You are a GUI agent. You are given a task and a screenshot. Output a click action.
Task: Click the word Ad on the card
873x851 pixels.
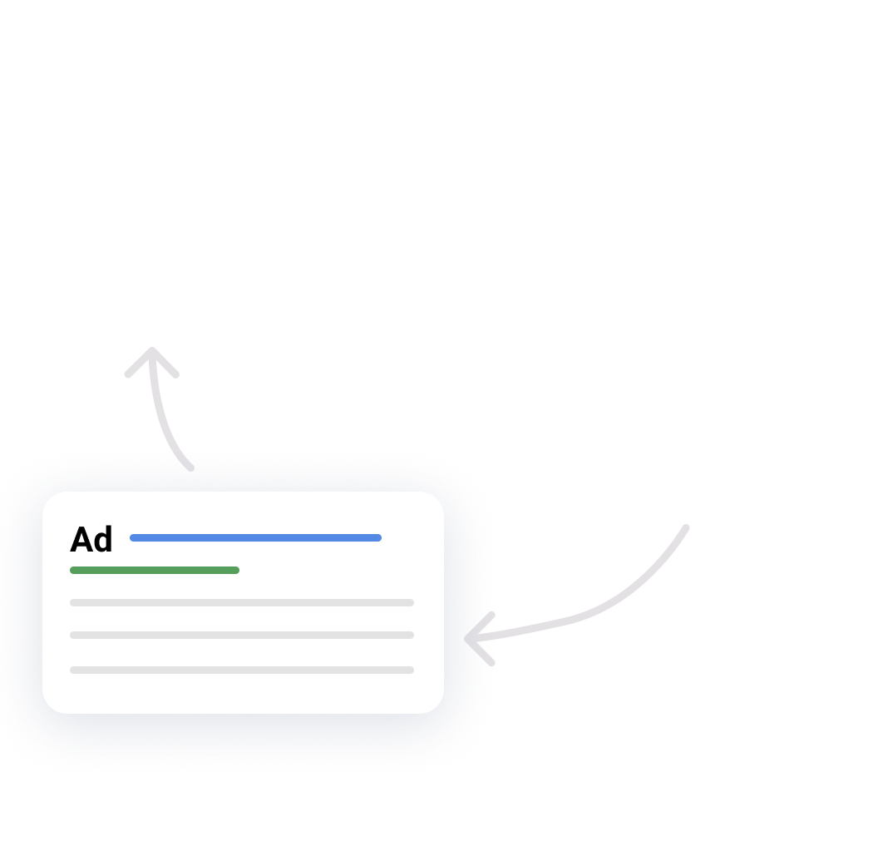(91, 540)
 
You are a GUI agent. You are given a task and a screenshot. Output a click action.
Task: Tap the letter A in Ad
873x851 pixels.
(81, 540)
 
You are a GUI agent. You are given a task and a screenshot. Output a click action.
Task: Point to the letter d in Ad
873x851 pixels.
(103, 540)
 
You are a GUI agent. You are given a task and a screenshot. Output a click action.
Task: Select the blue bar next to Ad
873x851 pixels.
(255, 537)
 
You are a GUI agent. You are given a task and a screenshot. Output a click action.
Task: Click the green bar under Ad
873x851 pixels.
(155, 570)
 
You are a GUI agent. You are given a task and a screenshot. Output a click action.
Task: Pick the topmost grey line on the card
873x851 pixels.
(242, 602)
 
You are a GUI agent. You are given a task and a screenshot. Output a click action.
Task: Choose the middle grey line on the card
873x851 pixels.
(242, 635)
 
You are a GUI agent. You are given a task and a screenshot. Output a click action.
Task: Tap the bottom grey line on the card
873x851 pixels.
(242, 670)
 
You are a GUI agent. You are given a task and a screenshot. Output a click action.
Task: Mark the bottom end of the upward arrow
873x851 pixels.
(190, 468)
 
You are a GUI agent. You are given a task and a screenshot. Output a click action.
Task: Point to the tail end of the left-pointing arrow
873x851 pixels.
(686, 527)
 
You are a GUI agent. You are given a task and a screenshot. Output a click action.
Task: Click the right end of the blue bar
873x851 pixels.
(377, 537)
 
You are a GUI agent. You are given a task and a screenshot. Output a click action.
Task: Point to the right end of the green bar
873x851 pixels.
(236, 570)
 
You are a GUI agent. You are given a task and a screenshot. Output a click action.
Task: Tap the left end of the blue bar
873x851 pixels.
(134, 537)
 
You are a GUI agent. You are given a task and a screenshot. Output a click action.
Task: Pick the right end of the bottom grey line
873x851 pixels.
(411, 670)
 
